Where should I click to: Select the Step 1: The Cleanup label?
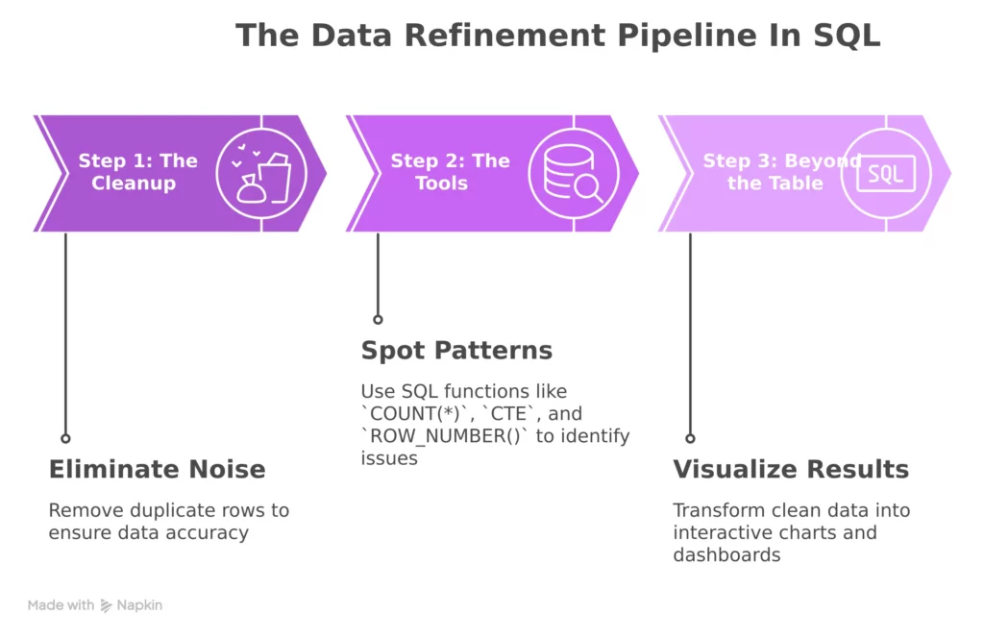(x=137, y=172)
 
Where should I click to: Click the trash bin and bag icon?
(x=261, y=174)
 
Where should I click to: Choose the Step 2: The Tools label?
(x=450, y=172)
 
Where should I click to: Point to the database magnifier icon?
(x=574, y=174)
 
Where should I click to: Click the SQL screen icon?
(x=886, y=174)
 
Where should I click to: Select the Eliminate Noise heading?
(x=157, y=469)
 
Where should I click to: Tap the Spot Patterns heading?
(x=456, y=351)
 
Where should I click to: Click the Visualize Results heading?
(x=790, y=469)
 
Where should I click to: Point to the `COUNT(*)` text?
(x=405, y=414)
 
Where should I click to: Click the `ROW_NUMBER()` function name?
(x=432, y=436)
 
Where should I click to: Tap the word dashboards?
(x=726, y=555)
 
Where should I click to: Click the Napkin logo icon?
(x=106, y=606)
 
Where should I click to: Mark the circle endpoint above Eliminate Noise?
(x=65, y=437)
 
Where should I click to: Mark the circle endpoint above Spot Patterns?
(x=378, y=319)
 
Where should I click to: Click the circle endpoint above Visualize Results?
(x=690, y=437)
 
